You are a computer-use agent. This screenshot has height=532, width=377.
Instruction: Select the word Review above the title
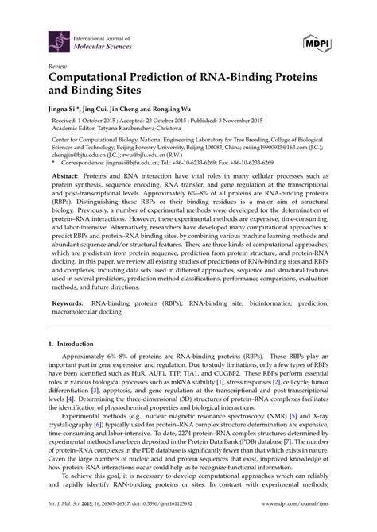tap(58, 67)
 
